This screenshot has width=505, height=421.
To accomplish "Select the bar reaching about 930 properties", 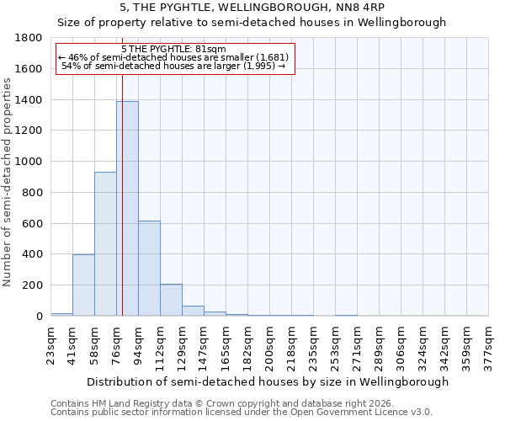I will coord(105,243).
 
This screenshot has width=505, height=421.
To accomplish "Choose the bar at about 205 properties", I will coord(171,300).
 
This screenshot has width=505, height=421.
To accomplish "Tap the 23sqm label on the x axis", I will coord(50,344).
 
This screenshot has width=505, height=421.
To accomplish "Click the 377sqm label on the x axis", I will coord(488,344).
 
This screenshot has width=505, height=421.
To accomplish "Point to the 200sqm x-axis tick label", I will coord(269,344).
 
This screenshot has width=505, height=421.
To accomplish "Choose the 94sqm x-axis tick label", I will coord(138,344).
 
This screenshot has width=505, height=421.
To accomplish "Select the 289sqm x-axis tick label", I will coord(379,344).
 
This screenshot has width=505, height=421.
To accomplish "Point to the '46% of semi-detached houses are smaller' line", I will coord(174,57).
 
